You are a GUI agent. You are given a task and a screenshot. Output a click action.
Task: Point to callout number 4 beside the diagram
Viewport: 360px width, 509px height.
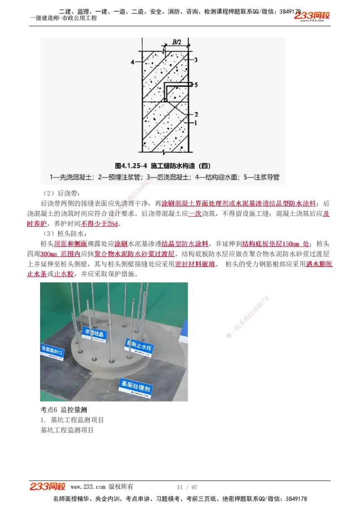[132, 61]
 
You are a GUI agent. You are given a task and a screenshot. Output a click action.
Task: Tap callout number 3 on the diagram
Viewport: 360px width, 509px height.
[196, 59]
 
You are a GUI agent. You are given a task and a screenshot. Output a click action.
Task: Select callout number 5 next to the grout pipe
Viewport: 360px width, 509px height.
[196, 84]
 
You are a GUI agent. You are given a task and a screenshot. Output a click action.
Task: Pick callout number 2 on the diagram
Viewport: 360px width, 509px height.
[196, 114]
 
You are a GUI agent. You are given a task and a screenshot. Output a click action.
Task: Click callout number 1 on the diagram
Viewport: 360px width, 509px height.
[196, 122]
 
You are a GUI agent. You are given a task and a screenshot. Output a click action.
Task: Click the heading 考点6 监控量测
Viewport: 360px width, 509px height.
[63, 410]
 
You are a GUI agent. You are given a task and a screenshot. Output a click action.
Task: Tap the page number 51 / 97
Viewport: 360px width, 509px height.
[187, 487]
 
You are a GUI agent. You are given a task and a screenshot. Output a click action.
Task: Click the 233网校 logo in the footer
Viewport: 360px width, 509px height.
[48, 487]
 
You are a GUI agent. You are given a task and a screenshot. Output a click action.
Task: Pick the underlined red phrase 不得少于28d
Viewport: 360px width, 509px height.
[101, 223]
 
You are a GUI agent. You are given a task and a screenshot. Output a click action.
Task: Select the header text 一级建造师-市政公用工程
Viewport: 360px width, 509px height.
[63, 18]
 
